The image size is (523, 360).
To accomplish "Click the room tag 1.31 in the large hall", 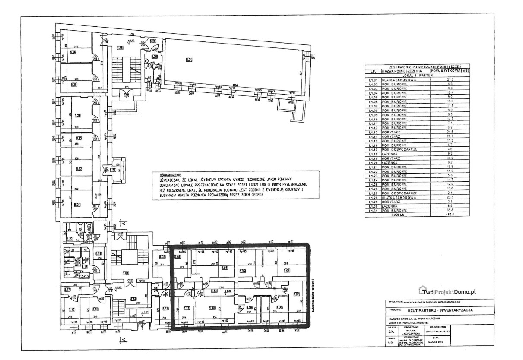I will [189, 60].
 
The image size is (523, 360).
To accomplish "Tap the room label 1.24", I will [78, 115].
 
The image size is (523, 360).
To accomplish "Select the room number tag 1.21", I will [78, 204].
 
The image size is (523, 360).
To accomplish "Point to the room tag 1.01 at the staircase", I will [126, 272].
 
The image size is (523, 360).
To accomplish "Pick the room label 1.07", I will [297, 295].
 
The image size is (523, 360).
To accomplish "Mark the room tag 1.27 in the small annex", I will [113, 170].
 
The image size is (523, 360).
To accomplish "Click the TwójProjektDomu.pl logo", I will [447, 291].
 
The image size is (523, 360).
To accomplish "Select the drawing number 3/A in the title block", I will [391, 332].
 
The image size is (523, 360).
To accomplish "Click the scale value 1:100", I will [391, 343].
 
